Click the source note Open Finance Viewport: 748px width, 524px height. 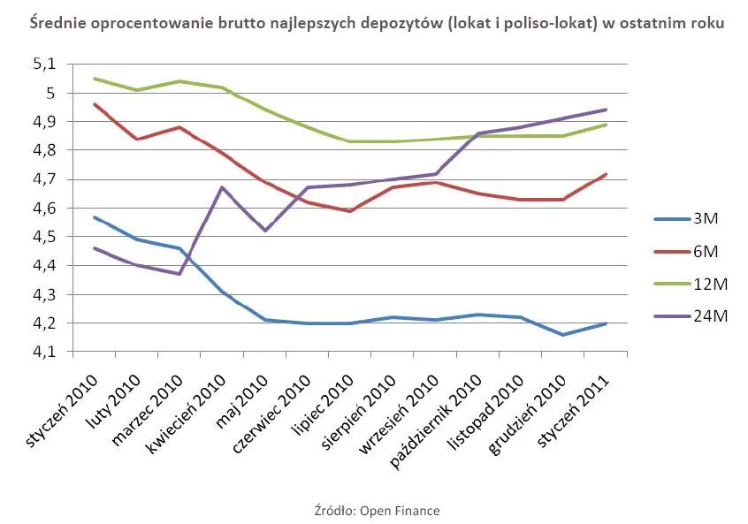click(x=375, y=511)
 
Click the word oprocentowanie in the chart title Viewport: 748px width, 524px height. click(x=132, y=24)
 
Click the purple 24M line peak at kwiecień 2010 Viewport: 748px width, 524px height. click(x=222, y=187)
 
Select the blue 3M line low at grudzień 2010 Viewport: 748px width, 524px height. click(x=563, y=335)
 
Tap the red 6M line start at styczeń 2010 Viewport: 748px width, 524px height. click(x=94, y=104)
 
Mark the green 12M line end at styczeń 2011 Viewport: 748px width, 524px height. click(x=606, y=125)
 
